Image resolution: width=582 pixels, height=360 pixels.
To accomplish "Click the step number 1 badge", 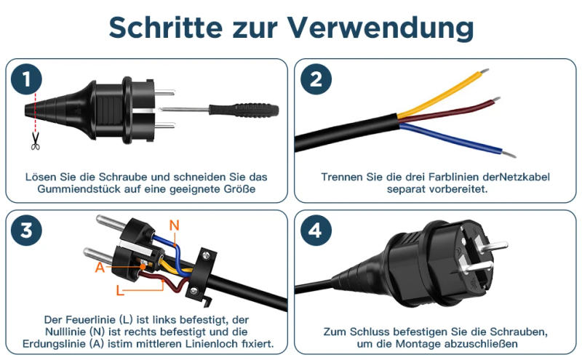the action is (26, 79).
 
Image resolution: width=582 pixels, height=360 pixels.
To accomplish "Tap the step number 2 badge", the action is (316, 79).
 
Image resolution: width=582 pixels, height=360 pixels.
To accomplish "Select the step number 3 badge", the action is (26, 230).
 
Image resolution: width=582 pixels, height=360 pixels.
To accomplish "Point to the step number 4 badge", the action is (316, 230).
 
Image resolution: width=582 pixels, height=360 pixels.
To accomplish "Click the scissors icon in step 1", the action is (35, 141).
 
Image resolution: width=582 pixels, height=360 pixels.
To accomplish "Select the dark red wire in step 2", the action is (449, 111).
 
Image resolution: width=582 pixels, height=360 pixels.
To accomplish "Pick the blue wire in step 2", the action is (457, 140).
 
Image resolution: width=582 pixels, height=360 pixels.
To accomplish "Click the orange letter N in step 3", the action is (174, 225).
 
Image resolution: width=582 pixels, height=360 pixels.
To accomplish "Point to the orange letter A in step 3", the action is (100, 267).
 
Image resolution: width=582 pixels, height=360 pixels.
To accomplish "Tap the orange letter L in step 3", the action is (120, 290).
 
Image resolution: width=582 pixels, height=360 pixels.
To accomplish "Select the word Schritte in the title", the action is (166, 28).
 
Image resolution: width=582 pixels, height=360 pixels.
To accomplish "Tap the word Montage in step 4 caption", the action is (418, 344).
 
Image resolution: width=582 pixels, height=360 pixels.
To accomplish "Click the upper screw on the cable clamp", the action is (205, 255).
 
